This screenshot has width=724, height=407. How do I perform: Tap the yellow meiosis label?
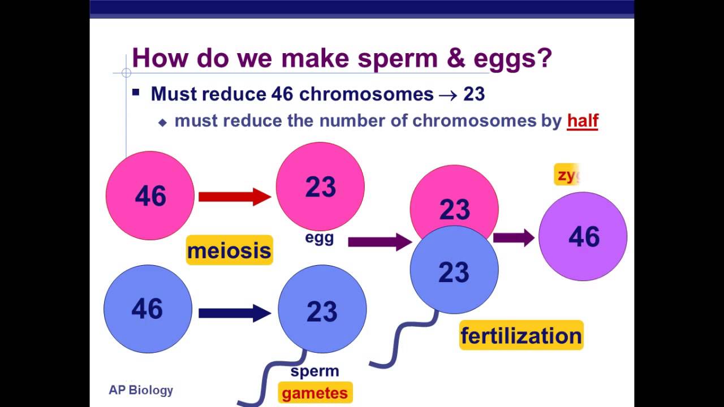(x=229, y=250)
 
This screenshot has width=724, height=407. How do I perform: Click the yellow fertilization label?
(x=521, y=336)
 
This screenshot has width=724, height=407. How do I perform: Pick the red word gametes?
(x=315, y=393)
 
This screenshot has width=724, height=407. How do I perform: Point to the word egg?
(x=320, y=238)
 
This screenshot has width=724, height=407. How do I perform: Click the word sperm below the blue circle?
(x=314, y=371)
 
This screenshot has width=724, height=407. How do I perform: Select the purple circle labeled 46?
(x=583, y=236)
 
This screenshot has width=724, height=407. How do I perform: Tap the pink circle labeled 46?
(x=150, y=196)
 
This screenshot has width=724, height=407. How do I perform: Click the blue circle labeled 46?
(x=148, y=309)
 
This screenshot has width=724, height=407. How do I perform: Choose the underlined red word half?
(x=583, y=120)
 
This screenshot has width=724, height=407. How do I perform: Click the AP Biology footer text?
(x=141, y=390)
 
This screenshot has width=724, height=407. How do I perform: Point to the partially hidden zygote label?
(x=567, y=175)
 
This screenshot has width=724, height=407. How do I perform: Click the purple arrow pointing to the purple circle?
(x=514, y=237)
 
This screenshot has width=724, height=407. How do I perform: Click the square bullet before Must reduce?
(x=136, y=92)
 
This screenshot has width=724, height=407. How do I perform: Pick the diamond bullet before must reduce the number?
(x=163, y=122)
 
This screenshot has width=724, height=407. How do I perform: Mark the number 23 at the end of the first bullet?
(x=474, y=94)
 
